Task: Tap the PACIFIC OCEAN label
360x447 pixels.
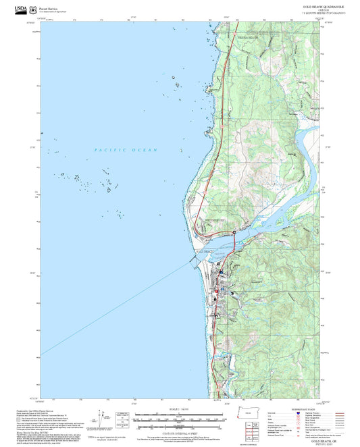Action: (126, 150)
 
